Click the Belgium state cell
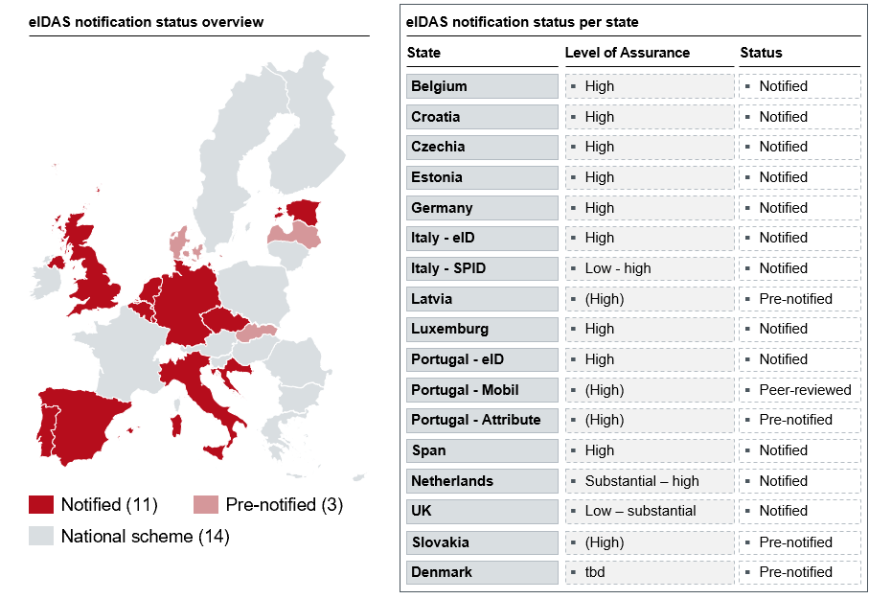(481, 86)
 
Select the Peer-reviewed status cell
(799, 390)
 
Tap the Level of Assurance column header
(627, 53)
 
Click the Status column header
(761, 53)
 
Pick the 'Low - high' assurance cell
(649, 268)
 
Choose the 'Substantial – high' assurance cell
(649, 481)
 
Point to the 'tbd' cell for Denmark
(649, 572)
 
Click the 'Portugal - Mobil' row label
(481, 390)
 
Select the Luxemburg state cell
(481, 329)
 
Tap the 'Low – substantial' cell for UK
(649, 511)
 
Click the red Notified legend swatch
(40, 505)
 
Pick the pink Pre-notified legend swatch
(206, 505)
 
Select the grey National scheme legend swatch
(40, 536)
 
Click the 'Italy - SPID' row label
(481, 268)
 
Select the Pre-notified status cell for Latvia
(799, 299)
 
